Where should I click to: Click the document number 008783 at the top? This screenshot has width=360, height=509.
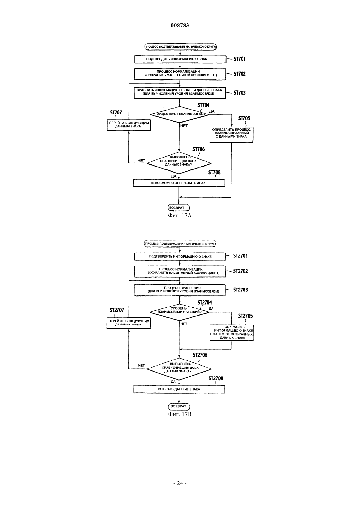180,25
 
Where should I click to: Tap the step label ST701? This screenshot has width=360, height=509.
240,59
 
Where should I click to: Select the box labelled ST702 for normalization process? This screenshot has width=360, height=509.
180,74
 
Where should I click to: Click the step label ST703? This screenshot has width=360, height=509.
240,93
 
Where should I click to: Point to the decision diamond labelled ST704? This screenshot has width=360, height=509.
180,114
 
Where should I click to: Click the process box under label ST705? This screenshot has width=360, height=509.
231,134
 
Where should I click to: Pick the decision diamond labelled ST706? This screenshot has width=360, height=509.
179,163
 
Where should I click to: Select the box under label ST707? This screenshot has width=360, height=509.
129,125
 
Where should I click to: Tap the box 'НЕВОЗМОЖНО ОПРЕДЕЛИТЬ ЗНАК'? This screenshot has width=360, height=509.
179,183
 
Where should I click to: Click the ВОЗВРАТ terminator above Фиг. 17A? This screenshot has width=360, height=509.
179,208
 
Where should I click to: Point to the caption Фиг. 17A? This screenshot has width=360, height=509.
180,216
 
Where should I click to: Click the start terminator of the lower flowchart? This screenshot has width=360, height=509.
180,244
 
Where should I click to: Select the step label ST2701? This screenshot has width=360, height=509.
241,256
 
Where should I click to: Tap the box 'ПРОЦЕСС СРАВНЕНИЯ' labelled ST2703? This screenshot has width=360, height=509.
180,290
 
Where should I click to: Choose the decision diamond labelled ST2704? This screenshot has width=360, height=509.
180,312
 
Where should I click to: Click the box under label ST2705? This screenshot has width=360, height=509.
232,332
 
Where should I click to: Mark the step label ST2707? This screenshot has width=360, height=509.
117,310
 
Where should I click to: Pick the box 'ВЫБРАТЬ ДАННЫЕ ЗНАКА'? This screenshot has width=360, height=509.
179,389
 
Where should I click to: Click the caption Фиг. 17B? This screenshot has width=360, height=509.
180,414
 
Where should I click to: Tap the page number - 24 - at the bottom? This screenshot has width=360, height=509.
180,483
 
